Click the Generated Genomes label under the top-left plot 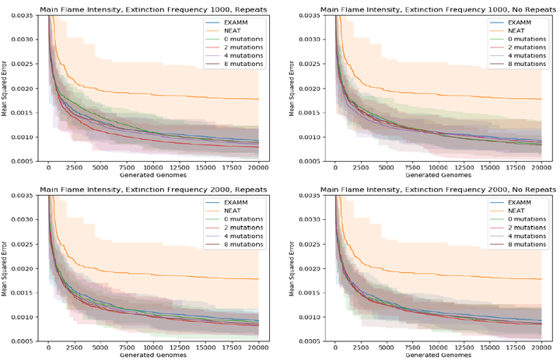pyautogui.click(x=152, y=176)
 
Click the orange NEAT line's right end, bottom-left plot pyautogui.click(x=257, y=278)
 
